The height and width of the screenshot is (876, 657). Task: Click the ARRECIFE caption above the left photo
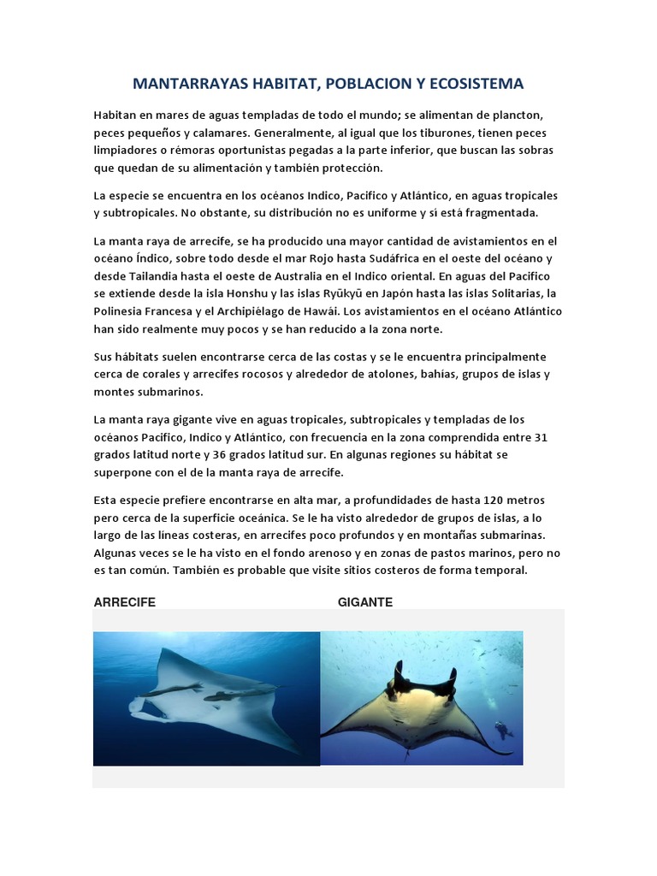[x=124, y=602]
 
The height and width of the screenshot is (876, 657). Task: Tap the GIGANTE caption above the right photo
[x=365, y=602]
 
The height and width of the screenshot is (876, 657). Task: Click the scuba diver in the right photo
[x=502, y=730]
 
